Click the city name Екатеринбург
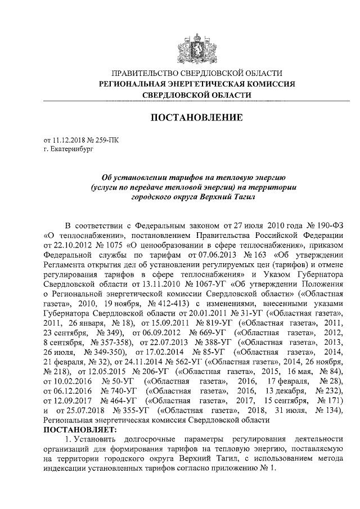[70, 150]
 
